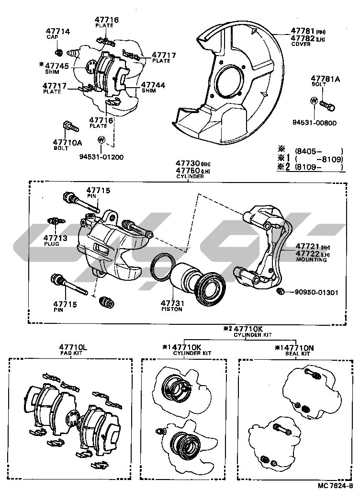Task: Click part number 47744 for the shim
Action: [x=153, y=85]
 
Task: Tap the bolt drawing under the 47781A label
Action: [x=327, y=103]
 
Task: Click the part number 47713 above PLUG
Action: [x=54, y=238]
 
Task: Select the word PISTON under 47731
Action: [x=172, y=309]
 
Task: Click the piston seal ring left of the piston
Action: [x=159, y=271]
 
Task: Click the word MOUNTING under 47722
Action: [x=311, y=260]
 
